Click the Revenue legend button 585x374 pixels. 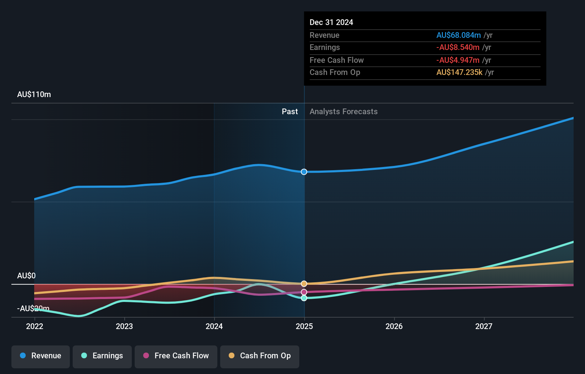(41, 356)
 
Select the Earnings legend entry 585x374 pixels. (102, 356)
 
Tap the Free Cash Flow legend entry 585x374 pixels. (176, 356)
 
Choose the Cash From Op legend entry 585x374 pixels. (260, 356)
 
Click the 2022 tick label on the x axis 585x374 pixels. (35, 326)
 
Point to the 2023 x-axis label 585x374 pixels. (124, 326)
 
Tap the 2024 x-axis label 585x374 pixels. (214, 326)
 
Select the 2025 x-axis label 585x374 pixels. (304, 326)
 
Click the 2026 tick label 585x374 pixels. (394, 326)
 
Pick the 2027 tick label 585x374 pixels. (484, 326)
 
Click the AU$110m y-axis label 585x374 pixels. (34, 95)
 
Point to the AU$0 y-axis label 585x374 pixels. (26, 276)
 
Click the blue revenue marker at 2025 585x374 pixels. (304, 172)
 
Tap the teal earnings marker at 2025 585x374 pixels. (304, 298)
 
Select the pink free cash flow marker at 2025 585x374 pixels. (304, 292)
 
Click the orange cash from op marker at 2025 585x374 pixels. (304, 284)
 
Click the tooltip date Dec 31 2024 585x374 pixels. (331, 22)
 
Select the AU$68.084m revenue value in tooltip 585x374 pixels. (459, 35)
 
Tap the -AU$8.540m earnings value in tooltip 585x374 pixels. (458, 47)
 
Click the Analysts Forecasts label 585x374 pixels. (343, 112)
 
